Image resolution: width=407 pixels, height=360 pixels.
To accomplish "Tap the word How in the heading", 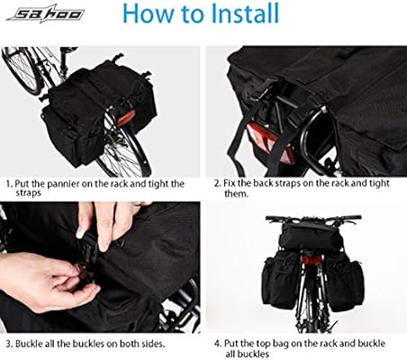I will (150, 14).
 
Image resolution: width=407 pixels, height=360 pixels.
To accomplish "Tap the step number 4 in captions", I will (217, 343).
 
